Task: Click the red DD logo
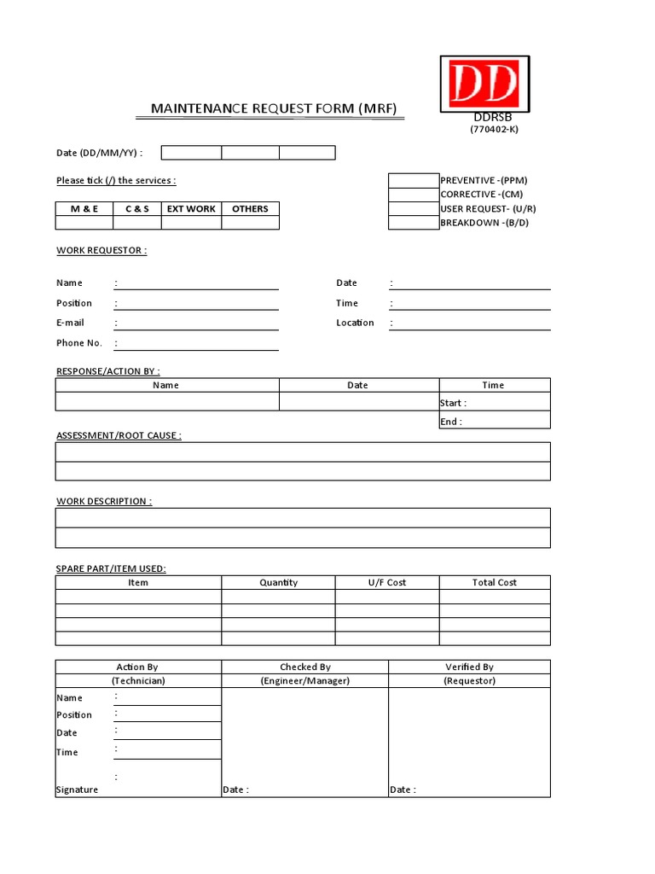pos(484,84)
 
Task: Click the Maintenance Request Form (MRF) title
pos(274,108)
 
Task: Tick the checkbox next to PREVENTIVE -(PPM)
pos(414,180)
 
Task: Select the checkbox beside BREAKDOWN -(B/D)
pos(414,223)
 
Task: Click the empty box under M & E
pos(84,223)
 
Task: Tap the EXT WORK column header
pos(191,208)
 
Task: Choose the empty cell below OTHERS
pos(250,223)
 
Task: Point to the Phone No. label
pos(79,343)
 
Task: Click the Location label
pos(355,323)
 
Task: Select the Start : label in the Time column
pos(453,403)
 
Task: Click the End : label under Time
pos(450,422)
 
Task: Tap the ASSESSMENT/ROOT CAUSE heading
pos(119,435)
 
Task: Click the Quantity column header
pos(278,582)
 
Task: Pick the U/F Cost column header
pos(386,582)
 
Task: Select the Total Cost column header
pos(495,582)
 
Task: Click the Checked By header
pos(304,667)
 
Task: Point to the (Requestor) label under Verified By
pos(469,680)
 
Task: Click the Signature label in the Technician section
pos(78,790)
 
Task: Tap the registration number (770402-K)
pos(494,129)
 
